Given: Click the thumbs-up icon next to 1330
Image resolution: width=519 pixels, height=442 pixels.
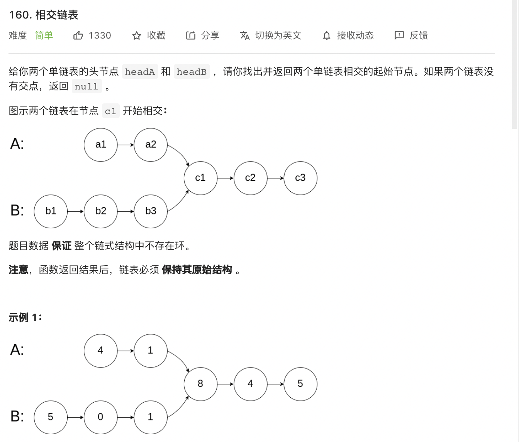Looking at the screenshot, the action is [x=78, y=35].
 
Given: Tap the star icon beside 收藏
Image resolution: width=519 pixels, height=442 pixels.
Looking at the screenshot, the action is [x=137, y=36].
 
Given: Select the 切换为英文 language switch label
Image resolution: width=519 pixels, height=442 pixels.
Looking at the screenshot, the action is [x=278, y=35].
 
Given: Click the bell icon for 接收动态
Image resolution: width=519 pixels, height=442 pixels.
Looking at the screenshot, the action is [x=327, y=36].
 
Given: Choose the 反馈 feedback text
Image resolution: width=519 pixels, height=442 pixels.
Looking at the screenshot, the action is [x=419, y=35].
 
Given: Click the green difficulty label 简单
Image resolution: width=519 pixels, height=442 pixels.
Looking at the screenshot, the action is [x=44, y=35].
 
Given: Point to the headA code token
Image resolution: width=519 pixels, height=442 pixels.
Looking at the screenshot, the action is [x=140, y=72].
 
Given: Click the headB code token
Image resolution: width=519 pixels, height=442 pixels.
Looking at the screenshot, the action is [x=192, y=72].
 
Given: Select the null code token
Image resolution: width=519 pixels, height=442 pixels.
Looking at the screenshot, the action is [x=86, y=86].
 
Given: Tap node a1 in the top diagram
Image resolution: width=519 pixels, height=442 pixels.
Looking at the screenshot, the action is [x=100, y=145].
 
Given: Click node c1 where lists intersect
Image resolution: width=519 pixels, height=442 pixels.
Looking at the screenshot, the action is [x=200, y=178].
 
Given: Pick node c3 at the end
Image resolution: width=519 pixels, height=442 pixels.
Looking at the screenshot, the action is [x=300, y=178].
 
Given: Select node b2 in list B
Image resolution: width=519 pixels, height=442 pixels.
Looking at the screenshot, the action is [x=100, y=211].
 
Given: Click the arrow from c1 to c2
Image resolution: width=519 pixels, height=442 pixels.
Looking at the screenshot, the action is [x=226, y=178].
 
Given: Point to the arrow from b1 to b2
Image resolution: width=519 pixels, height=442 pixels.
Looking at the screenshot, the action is [x=76, y=211].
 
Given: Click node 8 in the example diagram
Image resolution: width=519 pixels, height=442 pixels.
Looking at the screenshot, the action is [x=200, y=384].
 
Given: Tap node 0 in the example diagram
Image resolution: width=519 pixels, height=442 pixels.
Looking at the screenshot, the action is [x=100, y=417].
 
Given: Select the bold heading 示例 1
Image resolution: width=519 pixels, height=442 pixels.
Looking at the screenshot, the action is [x=25, y=317].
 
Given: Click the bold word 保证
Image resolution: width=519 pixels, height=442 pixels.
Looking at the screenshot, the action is [x=61, y=246].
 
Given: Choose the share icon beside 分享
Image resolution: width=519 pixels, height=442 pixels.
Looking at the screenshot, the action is [x=191, y=35].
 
